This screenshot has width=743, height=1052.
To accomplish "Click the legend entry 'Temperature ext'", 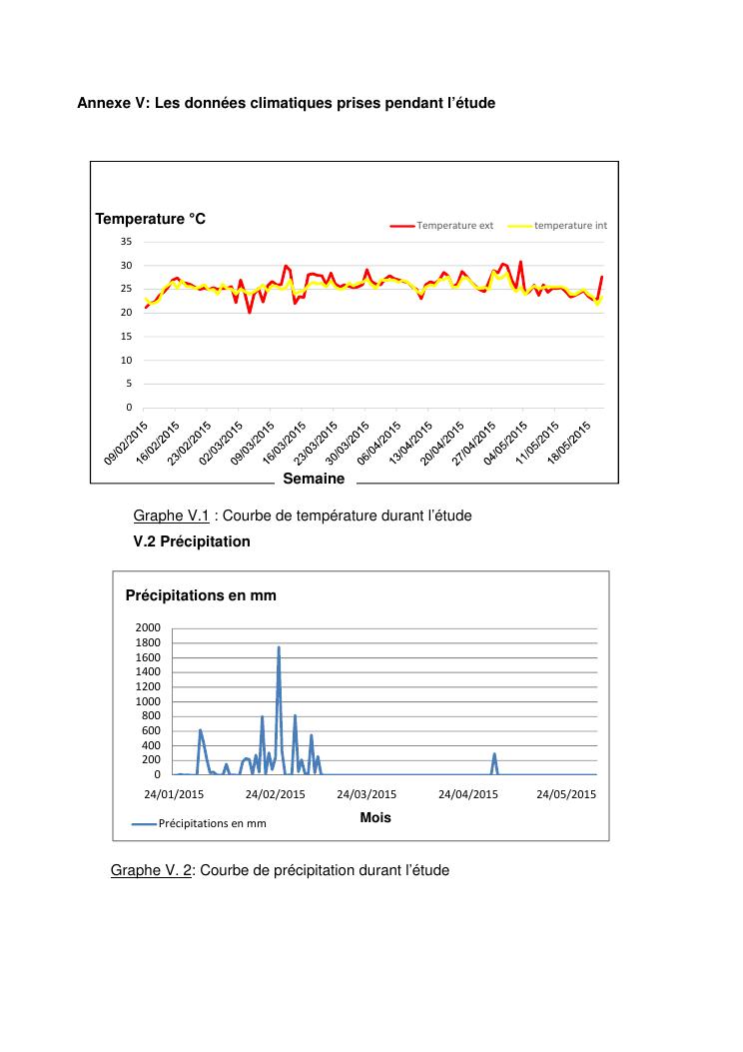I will [454, 226].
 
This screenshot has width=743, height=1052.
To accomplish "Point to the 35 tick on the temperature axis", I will [125, 242].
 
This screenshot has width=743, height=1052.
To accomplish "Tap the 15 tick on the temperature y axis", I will [125, 337].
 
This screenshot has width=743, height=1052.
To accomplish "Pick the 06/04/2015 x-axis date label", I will [382, 441].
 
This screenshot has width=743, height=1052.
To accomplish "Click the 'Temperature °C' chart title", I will [150, 218].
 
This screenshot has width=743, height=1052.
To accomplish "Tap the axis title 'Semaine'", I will [314, 479].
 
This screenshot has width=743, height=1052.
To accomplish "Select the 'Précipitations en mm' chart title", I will [201, 595].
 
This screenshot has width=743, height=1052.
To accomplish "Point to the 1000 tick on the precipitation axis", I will [148, 701].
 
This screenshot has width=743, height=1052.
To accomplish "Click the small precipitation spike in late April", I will [494, 754].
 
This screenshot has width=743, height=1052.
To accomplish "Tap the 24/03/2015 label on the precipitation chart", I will [367, 795].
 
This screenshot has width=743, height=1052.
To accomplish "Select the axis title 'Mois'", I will [375, 817].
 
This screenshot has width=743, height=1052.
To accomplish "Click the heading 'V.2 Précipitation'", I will [192, 541].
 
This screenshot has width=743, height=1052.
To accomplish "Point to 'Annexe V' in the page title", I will [109, 103].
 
